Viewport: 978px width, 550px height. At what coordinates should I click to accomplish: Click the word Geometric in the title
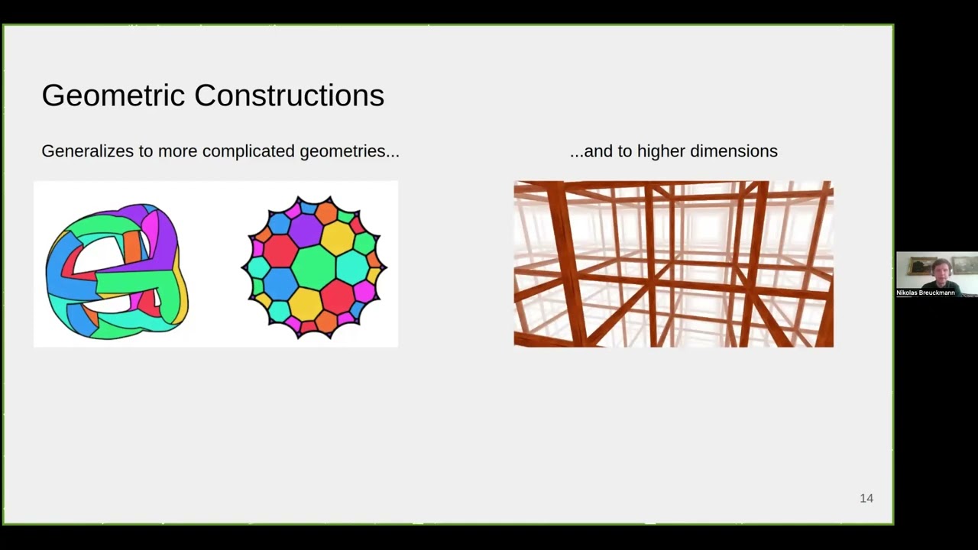point(113,95)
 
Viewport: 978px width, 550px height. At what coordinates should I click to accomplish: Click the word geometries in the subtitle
point(348,151)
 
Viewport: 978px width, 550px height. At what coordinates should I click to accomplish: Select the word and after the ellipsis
point(597,151)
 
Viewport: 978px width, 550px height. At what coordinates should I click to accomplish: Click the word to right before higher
point(625,151)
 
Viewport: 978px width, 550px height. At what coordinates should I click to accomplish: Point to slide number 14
point(866,498)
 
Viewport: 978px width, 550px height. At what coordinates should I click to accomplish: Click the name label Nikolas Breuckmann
point(925,293)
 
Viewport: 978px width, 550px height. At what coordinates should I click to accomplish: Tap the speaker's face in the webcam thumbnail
point(941,268)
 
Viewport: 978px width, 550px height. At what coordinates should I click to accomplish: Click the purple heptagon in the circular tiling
point(306,229)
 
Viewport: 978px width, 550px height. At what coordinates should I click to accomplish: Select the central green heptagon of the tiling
point(314,267)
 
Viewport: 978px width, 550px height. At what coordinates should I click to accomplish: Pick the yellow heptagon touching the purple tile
point(337,238)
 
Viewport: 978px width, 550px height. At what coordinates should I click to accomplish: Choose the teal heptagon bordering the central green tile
point(352,267)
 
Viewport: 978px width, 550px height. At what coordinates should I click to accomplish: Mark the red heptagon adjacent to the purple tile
point(280,250)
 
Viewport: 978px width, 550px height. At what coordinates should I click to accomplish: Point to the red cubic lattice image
point(673,264)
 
